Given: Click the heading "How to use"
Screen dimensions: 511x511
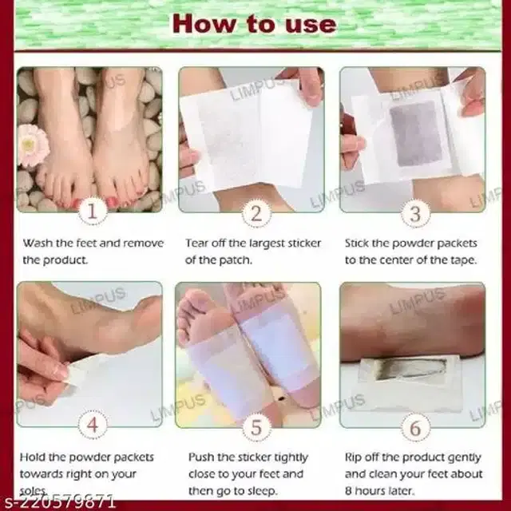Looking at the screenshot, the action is coord(255,24).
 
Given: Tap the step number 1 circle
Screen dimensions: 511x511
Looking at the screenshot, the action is coord(93,211).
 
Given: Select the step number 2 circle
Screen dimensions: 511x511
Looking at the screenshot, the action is coord(256,213).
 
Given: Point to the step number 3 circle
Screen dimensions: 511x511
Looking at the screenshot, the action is coord(415,213).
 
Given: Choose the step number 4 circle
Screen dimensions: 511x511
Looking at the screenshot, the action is coord(93,425).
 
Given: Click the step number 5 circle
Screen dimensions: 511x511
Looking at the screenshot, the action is coord(256,427).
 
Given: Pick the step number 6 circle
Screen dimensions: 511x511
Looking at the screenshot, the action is coord(415,427).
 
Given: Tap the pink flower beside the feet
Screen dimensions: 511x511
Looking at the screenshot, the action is coord(33,145).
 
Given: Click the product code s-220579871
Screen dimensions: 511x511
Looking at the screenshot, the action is coord(58,501).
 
